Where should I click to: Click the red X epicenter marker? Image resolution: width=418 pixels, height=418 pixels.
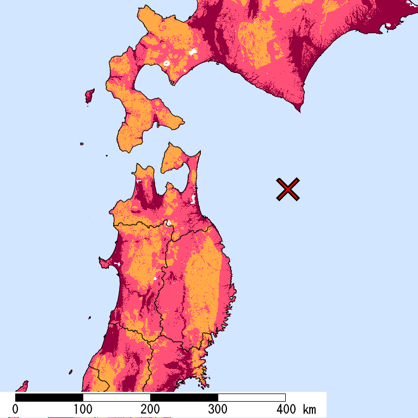pos(288,189)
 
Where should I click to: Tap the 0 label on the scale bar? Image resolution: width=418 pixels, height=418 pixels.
pos(15,409)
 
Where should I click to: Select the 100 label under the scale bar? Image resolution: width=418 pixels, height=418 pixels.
pos(83,409)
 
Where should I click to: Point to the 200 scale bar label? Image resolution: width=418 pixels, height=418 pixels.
pos(150,409)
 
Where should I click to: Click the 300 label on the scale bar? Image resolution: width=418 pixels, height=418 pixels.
pos(218,409)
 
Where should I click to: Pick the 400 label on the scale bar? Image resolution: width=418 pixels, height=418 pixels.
pos(285,409)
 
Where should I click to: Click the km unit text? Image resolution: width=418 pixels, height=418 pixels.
pos(309,409)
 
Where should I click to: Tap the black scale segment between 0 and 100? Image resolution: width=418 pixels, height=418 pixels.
pos(49,397)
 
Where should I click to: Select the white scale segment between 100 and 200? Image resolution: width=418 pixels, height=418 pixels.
pos(116,397)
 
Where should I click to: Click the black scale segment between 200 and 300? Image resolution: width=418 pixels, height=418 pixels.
pos(184,397)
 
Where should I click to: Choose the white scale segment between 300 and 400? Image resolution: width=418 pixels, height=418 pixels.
pos(251,397)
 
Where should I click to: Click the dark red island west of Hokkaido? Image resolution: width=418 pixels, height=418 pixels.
pos(89,96)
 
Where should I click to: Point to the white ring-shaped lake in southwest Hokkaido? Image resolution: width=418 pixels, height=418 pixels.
pos(167,64)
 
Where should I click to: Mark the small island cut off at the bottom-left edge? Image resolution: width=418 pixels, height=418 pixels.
pos(22,386)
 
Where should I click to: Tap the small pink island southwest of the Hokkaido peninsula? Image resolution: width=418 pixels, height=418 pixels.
pos(82,144)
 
